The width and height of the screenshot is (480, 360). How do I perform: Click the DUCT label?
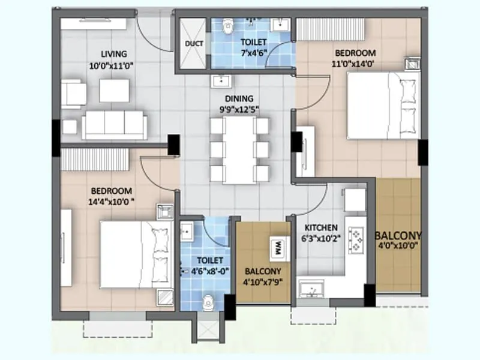click(x=194, y=44)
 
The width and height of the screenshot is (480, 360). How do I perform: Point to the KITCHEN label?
click(x=321, y=228)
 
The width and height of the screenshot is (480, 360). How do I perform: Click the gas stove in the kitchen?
click(x=358, y=239)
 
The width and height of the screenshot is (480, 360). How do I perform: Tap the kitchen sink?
click(x=313, y=290)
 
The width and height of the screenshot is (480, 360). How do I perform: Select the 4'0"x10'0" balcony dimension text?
click(x=398, y=245)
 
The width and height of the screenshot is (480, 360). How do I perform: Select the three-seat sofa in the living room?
click(x=113, y=125)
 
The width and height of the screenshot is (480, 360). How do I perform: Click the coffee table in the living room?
click(x=114, y=91)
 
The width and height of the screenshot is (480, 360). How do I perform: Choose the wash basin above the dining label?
click(x=220, y=81)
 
